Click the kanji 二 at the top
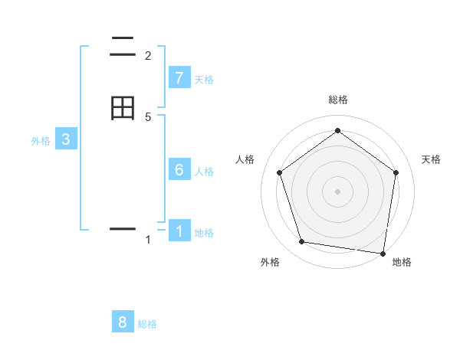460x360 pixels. (123, 47)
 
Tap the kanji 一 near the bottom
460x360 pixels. (123, 228)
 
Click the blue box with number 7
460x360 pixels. (179, 78)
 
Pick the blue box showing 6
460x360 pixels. (179, 170)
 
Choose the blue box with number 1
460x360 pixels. (179, 231)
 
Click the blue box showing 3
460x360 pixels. (66, 139)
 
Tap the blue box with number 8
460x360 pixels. (123, 322)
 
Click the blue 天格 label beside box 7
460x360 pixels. (204, 80)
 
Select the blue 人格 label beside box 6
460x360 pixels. (204, 172)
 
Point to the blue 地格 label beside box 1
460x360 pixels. (204, 233)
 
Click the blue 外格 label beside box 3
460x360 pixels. (41, 141)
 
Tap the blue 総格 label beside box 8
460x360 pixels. (147, 324)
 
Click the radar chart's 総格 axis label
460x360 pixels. (337, 100)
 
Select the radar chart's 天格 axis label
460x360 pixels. (431, 159)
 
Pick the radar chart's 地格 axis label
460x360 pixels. (402, 262)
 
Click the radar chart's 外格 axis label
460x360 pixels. (270, 262)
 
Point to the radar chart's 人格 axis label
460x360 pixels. (245, 159)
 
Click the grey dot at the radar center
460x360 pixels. (337, 191)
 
